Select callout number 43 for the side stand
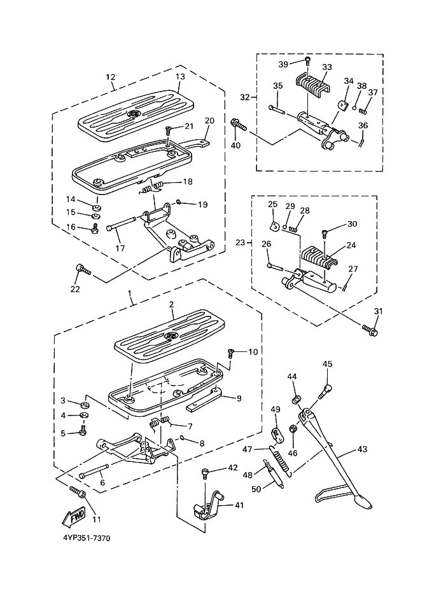coord(362,449)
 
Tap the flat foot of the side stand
coord(342,500)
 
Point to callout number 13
coord(180,76)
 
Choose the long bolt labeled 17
coord(122,224)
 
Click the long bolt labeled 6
coord(94,470)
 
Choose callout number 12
coord(110,77)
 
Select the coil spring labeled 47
coord(281,460)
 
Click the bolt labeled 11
coord(78,491)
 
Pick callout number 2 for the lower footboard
coord(171,304)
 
